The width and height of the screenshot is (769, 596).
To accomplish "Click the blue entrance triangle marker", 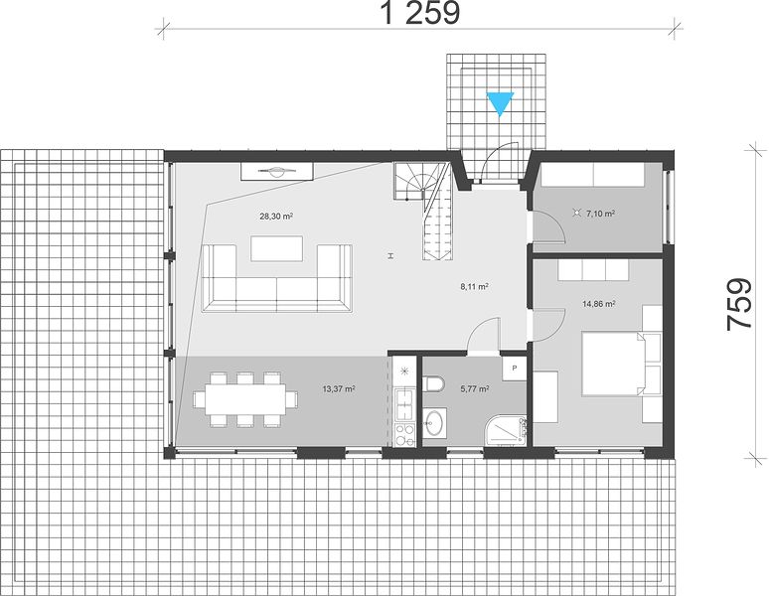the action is point(500,103).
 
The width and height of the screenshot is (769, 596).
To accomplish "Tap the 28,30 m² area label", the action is point(276,216).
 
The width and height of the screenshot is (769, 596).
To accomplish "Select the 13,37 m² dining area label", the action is point(339,388).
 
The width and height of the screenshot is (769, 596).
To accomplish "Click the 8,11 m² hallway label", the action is point(474,287).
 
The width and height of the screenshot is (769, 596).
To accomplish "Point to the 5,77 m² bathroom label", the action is point(475,389).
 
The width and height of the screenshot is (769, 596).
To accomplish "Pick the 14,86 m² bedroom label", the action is point(599,304).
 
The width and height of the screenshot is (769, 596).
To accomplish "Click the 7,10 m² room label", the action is point(600,214).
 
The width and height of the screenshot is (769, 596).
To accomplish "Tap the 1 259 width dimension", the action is point(420,13).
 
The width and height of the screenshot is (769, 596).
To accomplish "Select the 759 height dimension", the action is point(739,304).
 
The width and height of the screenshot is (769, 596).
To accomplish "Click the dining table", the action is point(245,399).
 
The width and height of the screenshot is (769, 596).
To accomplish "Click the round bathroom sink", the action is point(434,422).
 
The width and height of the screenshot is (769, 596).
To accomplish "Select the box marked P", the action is point(514,369).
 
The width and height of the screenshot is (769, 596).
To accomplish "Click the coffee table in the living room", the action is point(276,249).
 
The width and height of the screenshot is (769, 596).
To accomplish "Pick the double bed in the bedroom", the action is point(614,364).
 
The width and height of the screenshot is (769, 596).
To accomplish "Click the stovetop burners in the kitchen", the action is point(404,435).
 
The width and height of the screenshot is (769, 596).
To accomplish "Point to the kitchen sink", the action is point(404,404).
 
